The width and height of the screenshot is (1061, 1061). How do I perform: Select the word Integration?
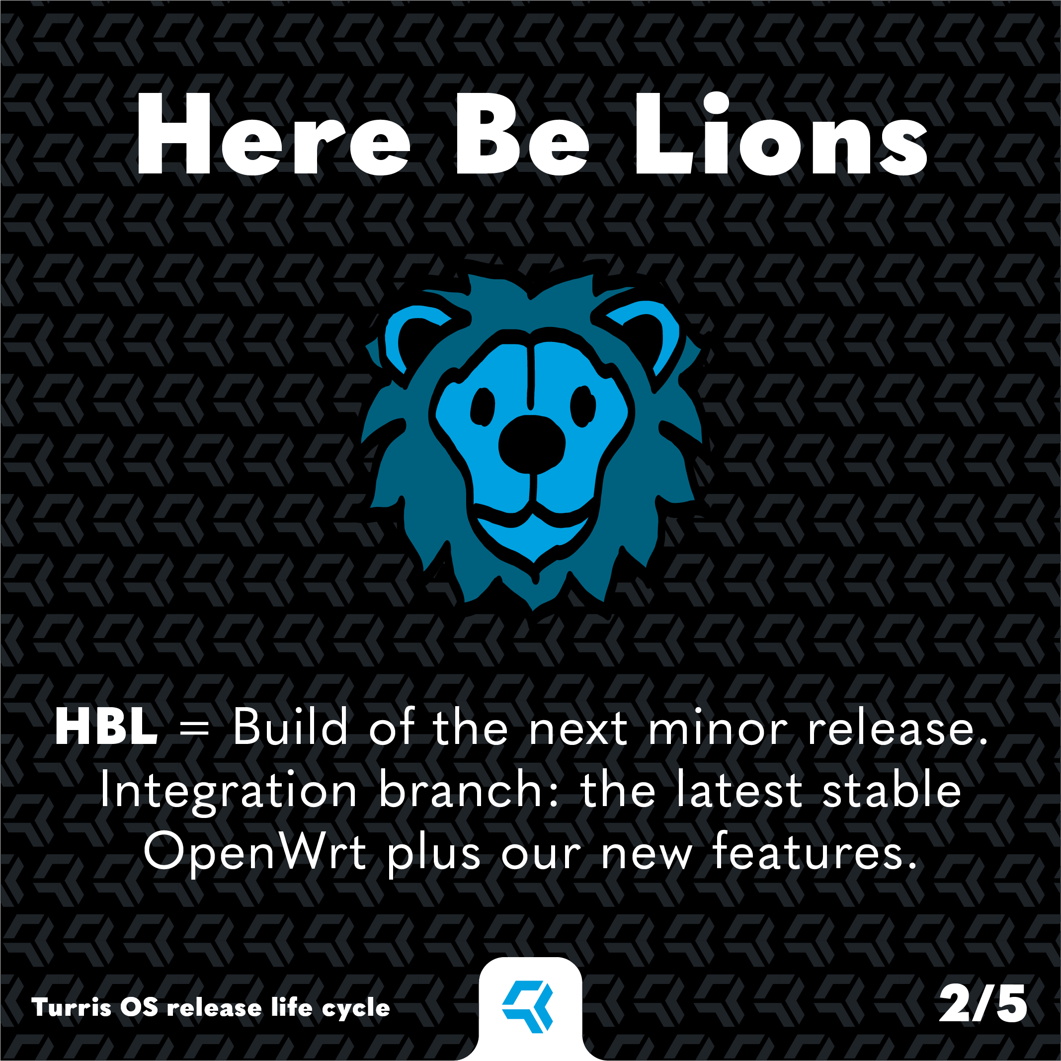(x=229, y=791)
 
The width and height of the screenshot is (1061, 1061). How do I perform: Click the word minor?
(x=718, y=728)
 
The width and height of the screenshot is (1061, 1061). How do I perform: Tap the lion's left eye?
(x=483, y=407)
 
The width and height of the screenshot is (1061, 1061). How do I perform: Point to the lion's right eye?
(x=582, y=407)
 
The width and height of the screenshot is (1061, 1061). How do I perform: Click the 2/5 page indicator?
(x=983, y=1003)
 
